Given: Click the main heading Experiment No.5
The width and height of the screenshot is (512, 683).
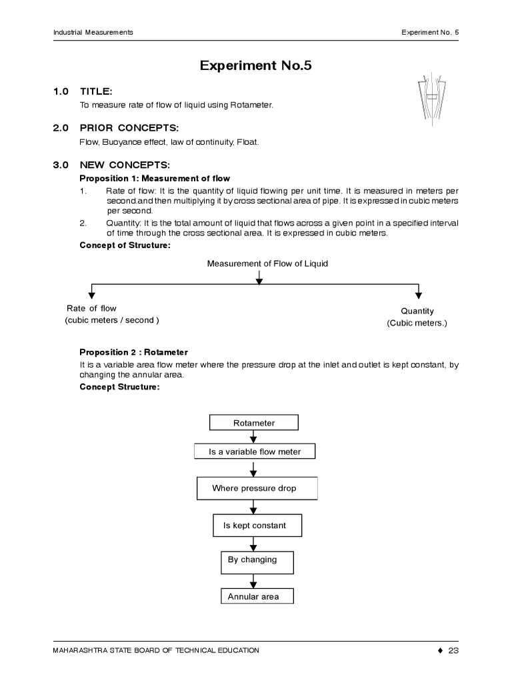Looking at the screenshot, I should (x=256, y=65).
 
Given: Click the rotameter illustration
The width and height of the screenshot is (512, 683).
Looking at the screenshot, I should (x=431, y=99).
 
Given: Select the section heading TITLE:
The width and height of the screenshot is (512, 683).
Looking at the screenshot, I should (x=96, y=91).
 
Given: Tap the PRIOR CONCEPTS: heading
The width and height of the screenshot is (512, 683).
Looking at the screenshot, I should (x=129, y=128).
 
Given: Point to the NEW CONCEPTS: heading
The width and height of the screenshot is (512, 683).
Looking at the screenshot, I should (x=125, y=165).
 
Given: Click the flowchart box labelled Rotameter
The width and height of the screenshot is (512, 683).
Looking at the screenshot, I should (x=254, y=423).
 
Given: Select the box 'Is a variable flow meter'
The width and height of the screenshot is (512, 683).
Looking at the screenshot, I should (x=255, y=452).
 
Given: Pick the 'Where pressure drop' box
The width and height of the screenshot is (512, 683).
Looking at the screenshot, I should (x=257, y=488).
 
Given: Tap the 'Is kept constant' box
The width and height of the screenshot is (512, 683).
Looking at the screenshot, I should (x=257, y=526).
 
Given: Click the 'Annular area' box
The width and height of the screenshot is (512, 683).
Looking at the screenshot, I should (x=257, y=596).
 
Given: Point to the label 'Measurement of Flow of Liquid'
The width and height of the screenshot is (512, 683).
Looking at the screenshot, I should (x=267, y=263).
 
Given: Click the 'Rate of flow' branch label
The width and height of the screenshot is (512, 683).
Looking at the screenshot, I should (x=91, y=308).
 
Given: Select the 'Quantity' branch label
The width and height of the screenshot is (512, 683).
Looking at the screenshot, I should (x=417, y=311).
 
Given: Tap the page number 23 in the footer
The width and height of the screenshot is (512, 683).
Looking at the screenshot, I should (x=454, y=650).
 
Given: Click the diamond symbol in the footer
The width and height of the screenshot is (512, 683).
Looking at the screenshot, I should (x=439, y=650).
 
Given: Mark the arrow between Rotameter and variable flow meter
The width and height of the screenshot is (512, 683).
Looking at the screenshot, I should (x=254, y=437).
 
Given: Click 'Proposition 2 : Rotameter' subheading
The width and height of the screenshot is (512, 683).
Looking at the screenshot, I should (x=133, y=352).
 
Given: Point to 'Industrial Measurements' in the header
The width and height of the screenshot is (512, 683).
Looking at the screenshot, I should (x=93, y=32).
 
